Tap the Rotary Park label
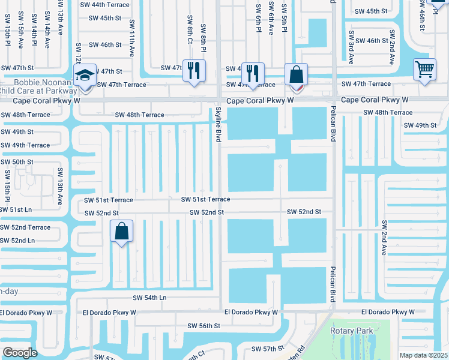coord(352,331)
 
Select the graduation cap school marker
coord(85,76)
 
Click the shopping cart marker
coord(424,70)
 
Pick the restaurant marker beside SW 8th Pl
coord(194,71)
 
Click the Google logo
coord(20,353)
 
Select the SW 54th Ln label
coord(149,298)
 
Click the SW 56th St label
coord(204,325)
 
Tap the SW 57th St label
coord(267,349)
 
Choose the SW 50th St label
coord(17,162)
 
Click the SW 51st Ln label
coord(16,209)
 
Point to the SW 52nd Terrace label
coord(25,227)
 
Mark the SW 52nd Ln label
coord(17,240)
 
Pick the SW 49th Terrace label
coord(25,145)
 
